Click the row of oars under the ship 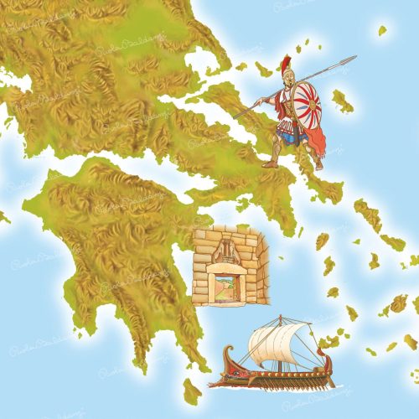point(277,383)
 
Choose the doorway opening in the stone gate point(227,285)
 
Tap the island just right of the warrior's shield point(341,102)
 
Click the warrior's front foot point(270,164)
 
